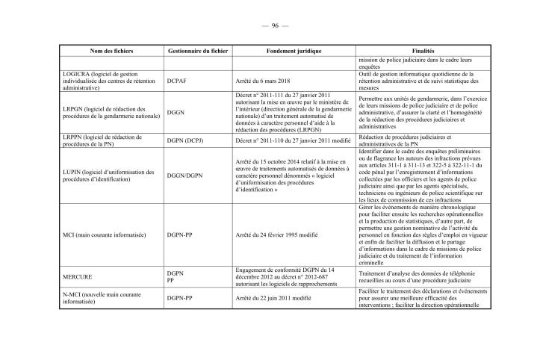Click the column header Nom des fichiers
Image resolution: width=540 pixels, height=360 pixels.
[111, 50]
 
